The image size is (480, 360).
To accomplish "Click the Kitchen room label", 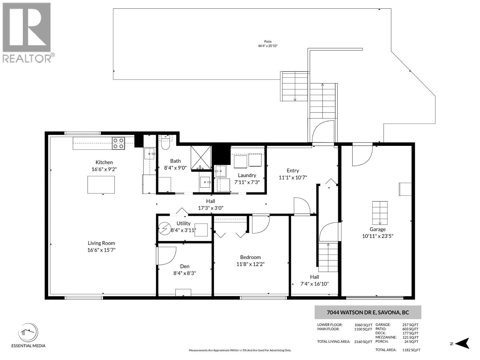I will click(104, 162).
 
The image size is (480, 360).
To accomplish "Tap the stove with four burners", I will click(118, 143).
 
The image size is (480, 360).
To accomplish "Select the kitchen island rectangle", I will click(101, 184).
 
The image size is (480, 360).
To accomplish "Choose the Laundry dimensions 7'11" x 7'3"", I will click(247, 182).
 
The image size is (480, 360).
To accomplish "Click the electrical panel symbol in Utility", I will click(164, 230).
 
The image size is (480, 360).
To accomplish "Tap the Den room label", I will click(184, 266).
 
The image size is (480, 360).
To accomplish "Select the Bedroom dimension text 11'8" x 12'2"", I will click(250, 264).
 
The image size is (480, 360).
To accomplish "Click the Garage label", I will click(377, 229).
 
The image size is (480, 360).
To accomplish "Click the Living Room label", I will click(101, 243).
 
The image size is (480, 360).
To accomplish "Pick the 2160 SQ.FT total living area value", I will click(363, 342).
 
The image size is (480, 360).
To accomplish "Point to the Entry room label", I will click(293, 170).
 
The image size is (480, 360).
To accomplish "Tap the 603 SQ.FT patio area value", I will click(410, 329).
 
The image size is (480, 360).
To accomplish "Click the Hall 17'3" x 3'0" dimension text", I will click(211, 208).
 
